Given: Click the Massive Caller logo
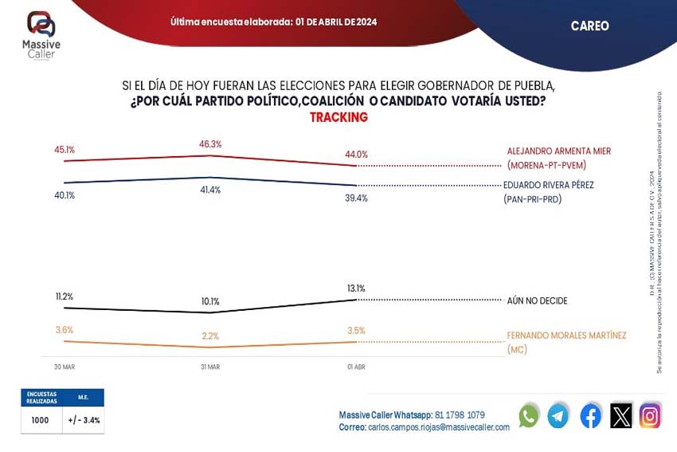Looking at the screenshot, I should pos(41,33).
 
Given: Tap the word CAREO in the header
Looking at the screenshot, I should pos(589,26).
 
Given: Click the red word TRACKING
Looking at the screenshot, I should pos(338,117).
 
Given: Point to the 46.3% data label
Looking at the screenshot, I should pos(210,144).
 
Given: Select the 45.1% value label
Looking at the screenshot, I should pos(65,149).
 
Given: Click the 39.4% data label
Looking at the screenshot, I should pos(356,198).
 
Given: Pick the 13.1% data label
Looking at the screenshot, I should pos(355,289).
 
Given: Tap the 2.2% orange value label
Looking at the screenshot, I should pos(210,336).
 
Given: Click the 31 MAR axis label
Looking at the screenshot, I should pos(210,367).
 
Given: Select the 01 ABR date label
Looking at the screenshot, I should pos(355,367).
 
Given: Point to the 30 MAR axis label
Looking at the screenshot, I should pos(65,367).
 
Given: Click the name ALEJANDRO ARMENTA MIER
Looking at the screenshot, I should pos(558,151).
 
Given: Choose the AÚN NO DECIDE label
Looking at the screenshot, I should pos(537,301).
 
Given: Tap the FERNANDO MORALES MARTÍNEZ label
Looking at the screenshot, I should pos(566,336).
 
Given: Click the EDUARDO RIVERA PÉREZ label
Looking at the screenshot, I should pos(548,185).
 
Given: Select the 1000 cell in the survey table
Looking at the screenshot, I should pos(41,420).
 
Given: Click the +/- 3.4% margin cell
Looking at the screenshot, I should pos(84,420).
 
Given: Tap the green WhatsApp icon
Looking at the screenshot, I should pos(528,416).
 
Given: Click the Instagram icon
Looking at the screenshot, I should pos(650,416).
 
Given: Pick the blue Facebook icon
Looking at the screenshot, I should pos(590,416).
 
